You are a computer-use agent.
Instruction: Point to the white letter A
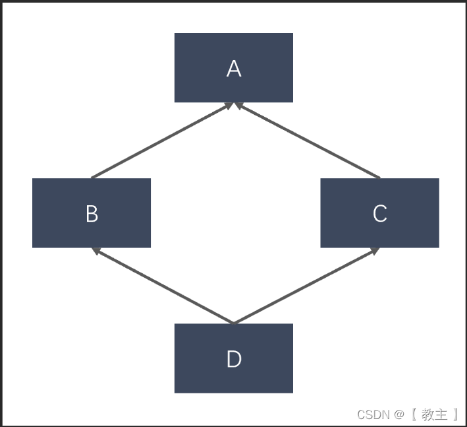[234, 69]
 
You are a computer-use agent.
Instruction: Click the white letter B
[92, 214]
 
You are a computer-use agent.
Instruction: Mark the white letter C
[380, 214]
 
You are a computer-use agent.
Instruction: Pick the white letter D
[234, 359]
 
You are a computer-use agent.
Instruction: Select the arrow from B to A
[161, 141]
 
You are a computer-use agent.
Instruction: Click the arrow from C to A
[307, 141]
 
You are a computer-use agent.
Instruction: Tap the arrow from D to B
[163, 286]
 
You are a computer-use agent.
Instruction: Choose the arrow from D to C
[306, 286]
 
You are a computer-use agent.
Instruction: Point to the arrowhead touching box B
[96, 251]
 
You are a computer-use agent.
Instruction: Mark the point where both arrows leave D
[233, 323]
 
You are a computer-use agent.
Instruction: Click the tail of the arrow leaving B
[92, 178]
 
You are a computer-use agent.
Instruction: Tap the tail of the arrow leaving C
[379, 178]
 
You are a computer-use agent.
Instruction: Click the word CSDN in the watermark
[373, 414]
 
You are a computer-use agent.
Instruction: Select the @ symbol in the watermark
[398, 414]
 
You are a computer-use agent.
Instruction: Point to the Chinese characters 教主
[434, 414]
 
